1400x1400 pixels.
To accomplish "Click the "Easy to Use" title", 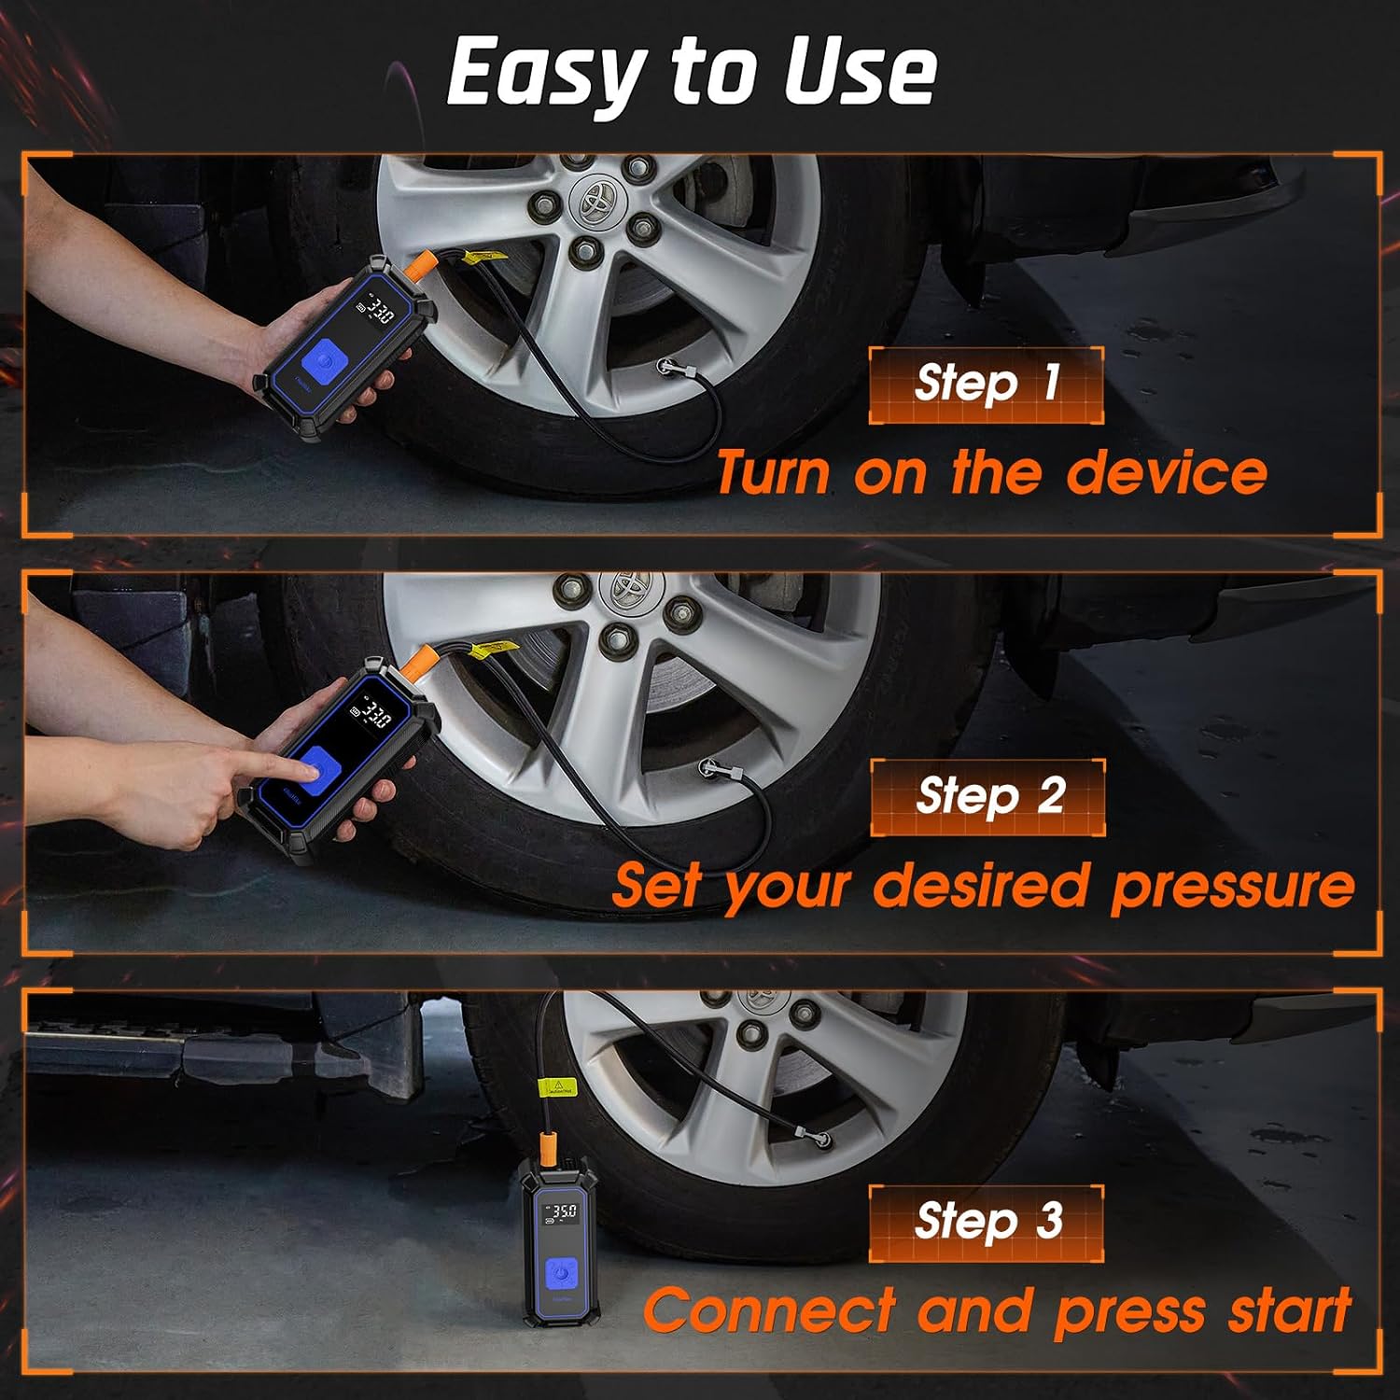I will coord(692,73).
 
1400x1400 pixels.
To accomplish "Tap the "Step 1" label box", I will coord(986,385).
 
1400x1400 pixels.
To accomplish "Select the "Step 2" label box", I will coord(987,797).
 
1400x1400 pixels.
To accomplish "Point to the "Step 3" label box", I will coord(986,1223).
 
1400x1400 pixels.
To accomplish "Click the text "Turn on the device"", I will coord(991,472).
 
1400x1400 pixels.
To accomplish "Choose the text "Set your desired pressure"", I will coord(984,885).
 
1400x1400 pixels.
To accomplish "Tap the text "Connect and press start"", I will coord(997,1310).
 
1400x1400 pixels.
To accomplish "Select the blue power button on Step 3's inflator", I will coord(559,1271).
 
